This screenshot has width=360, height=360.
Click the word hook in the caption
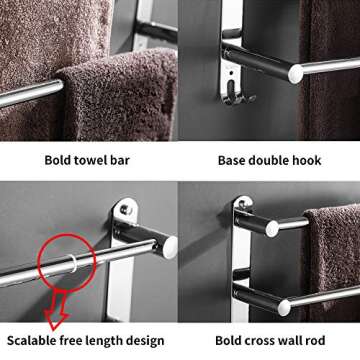pyautogui.click(x=315, y=159)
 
